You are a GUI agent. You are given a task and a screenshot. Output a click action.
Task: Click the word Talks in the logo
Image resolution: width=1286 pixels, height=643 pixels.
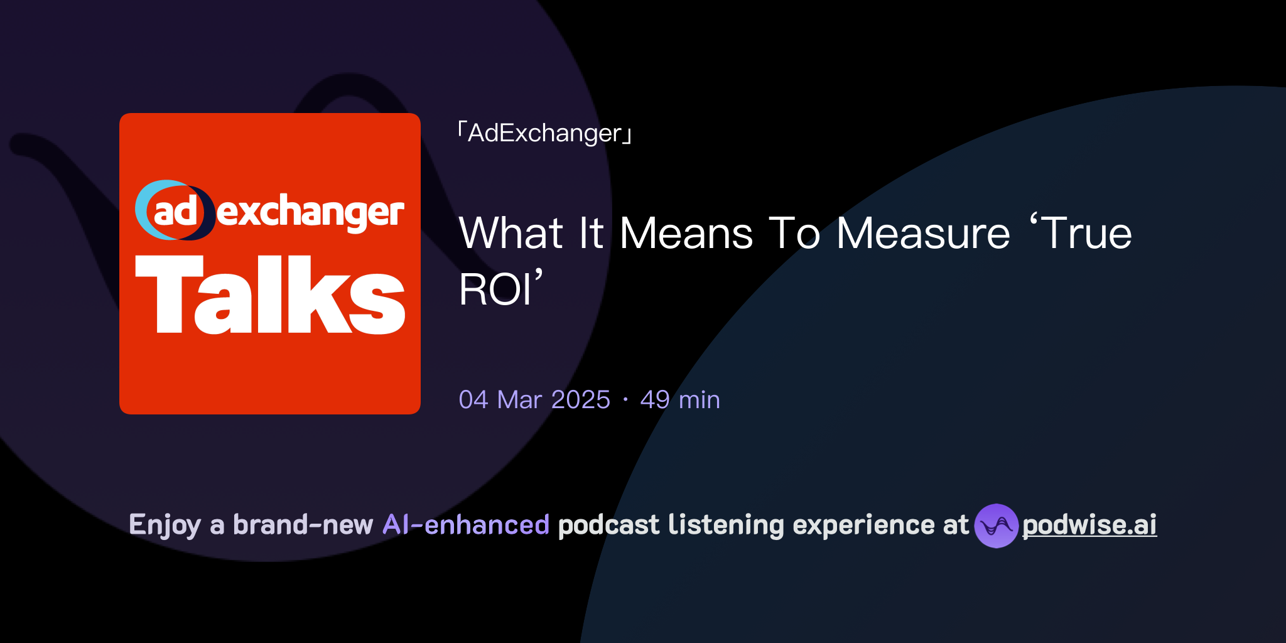[x=270, y=295]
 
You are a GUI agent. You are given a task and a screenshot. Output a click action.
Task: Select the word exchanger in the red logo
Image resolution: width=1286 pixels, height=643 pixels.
[x=310, y=212]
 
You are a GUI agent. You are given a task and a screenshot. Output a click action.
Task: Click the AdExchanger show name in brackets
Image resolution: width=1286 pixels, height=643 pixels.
[x=544, y=133]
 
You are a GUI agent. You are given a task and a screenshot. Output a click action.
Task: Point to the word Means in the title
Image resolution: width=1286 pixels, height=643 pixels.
[x=686, y=234]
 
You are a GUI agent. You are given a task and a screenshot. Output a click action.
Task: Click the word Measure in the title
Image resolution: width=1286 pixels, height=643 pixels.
[x=923, y=234]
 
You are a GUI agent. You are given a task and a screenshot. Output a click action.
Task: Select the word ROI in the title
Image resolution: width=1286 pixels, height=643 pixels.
[x=495, y=289]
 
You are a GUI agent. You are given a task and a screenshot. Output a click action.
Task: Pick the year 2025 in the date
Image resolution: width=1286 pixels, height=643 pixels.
[x=580, y=400]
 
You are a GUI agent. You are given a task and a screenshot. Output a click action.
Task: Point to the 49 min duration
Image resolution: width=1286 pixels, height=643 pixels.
[x=679, y=400]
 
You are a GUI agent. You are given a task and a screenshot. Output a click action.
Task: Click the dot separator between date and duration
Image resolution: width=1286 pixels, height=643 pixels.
[x=625, y=400]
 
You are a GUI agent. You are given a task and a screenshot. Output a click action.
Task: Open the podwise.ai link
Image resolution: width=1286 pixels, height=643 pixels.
[x=1089, y=525]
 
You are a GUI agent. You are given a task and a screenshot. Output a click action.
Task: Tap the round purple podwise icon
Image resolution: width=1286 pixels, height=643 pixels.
[x=996, y=526]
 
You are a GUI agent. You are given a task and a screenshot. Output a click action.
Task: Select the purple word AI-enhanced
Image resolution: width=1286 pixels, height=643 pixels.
[x=466, y=525]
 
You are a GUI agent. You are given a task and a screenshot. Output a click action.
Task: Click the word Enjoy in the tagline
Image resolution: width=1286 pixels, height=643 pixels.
[x=165, y=525]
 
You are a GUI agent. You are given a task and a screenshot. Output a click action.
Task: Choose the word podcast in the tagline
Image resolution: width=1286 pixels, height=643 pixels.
[x=608, y=525]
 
